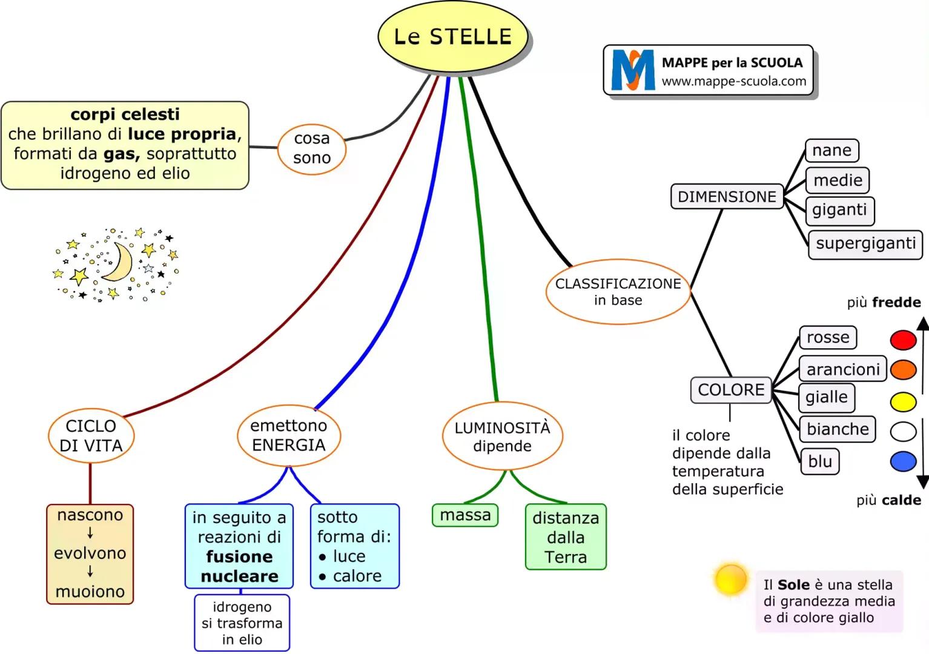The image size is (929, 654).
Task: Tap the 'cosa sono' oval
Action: (x=312, y=148)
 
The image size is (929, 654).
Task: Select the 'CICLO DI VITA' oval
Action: (x=91, y=435)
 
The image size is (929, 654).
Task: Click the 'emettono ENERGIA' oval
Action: (x=288, y=435)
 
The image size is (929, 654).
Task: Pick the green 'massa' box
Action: (x=464, y=515)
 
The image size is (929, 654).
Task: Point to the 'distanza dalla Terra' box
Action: (x=565, y=537)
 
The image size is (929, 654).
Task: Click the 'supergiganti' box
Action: (x=865, y=244)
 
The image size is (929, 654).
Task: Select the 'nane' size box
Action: (x=831, y=150)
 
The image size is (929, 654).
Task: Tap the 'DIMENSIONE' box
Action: (x=727, y=197)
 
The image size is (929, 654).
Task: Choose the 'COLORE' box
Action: (x=730, y=390)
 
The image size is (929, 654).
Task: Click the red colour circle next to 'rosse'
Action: (x=903, y=340)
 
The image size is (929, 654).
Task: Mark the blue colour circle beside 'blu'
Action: (x=903, y=461)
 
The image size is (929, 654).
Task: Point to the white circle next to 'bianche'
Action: (x=903, y=431)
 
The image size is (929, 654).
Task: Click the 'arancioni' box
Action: (x=842, y=369)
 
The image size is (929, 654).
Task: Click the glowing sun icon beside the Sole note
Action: (x=731, y=580)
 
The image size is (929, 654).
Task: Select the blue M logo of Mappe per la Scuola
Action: (x=632, y=71)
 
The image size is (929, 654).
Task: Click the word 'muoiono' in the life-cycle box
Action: (x=90, y=592)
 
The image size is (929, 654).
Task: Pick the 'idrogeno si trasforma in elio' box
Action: (x=242, y=623)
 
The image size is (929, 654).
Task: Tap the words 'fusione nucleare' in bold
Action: (x=239, y=566)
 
